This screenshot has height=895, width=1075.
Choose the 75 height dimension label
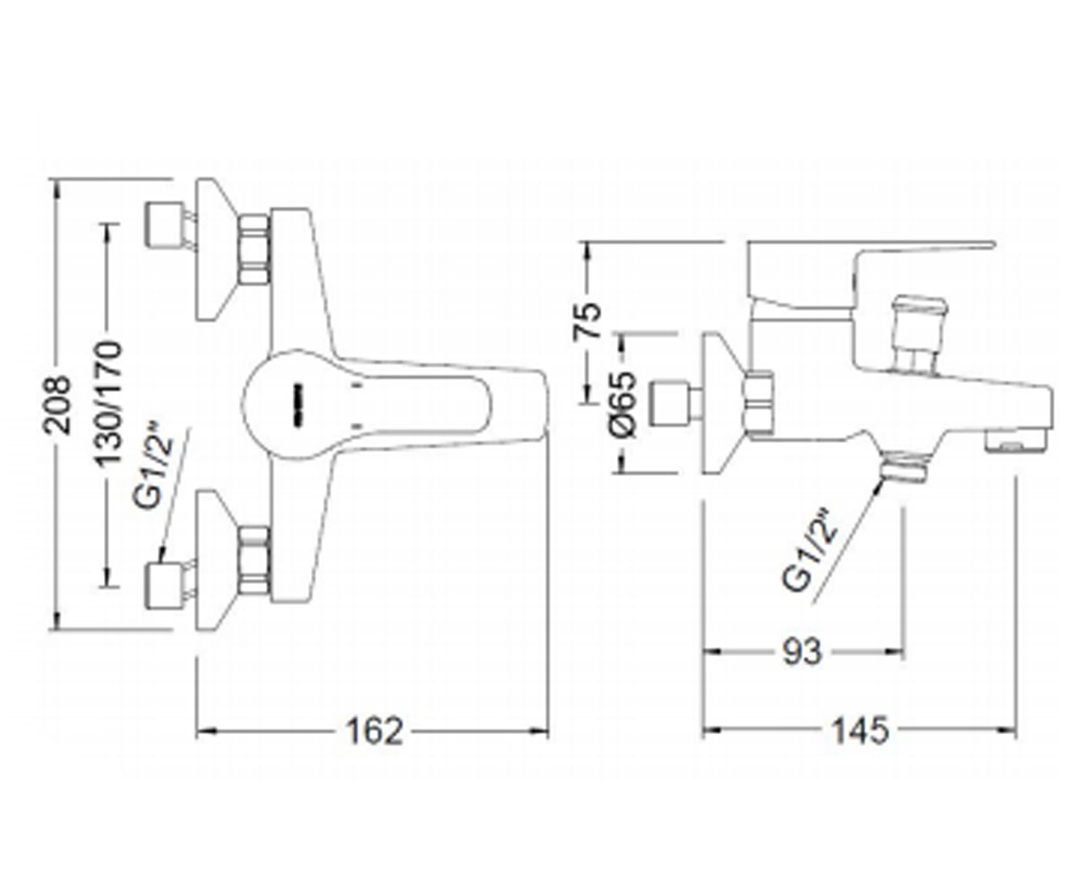coord(587,320)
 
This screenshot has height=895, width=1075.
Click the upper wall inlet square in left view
coord(164,225)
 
